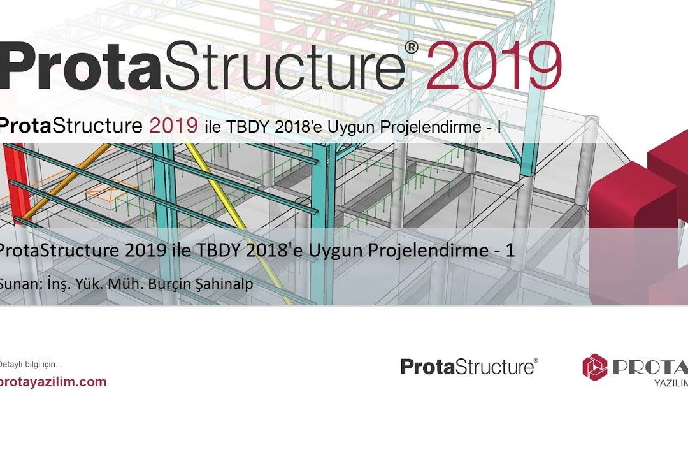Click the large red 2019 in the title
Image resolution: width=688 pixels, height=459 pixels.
coord(494,66)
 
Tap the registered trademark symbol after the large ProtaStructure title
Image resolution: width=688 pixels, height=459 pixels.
coord(411,47)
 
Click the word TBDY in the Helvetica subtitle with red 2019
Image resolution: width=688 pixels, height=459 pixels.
coord(248,127)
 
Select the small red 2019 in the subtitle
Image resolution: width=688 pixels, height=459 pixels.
coord(174,126)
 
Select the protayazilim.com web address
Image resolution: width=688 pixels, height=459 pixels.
coord(53,382)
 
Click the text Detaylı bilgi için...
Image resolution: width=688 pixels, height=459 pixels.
coord(31,364)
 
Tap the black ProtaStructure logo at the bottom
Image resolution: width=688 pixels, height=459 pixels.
coord(469,367)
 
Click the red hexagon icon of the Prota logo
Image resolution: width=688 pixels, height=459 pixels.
coord(594,367)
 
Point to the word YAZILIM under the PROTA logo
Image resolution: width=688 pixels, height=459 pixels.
coord(671,383)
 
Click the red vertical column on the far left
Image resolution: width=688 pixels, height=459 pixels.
coord(18,183)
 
